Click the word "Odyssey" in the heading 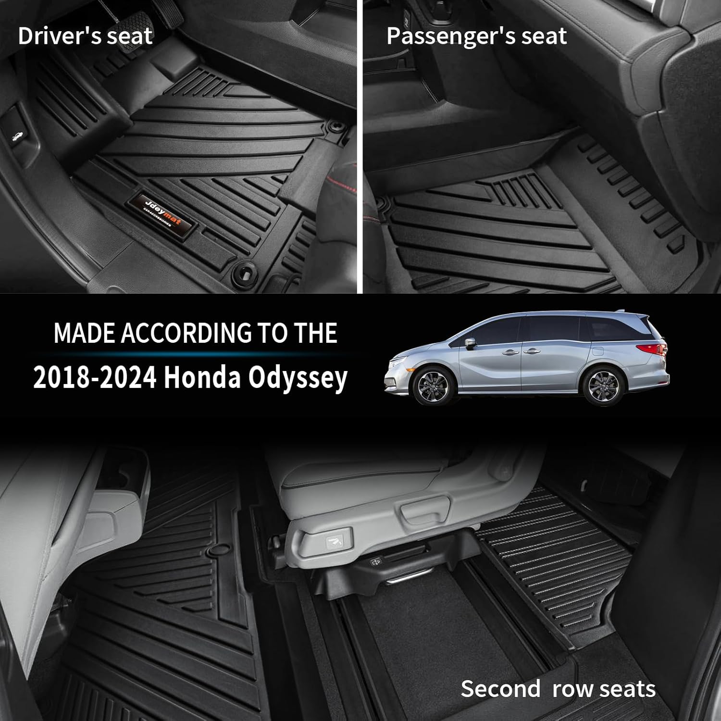298,379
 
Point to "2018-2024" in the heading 95,378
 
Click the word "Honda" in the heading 202,378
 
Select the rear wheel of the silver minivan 601,386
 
